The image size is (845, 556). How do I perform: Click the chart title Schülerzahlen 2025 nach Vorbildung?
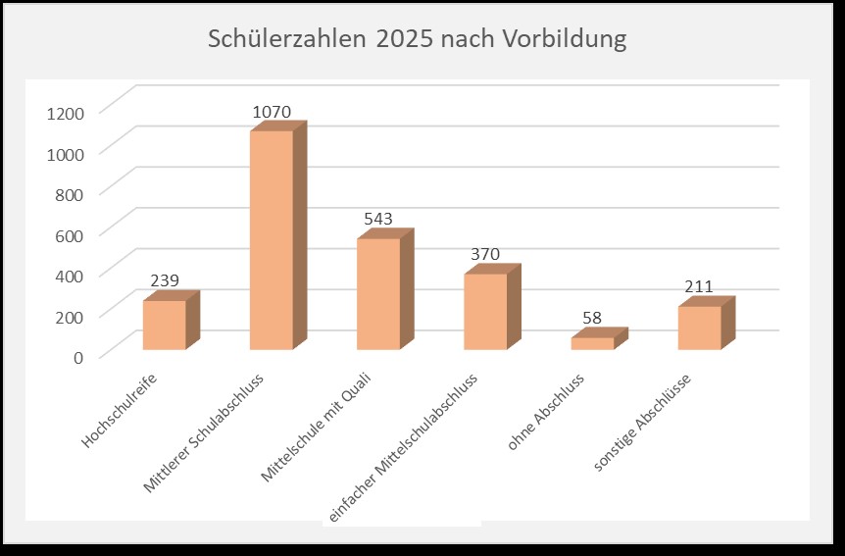point(417,40)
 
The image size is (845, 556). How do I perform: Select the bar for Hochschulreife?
point(164,325)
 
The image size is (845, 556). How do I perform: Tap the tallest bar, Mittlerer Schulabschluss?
point(272,240)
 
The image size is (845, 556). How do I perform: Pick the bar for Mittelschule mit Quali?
point(378,294)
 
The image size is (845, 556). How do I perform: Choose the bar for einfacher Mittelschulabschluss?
point(485,312)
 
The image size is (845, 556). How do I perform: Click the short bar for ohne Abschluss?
point(592,343)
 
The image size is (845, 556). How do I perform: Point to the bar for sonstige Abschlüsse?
point(699,328)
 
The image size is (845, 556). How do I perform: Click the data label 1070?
point(272,112)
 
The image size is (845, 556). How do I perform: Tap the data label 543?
point(378,219)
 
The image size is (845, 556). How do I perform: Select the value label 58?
point(592,318)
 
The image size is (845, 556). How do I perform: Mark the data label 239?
point(165,281)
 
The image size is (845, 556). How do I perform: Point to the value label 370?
point(485,254)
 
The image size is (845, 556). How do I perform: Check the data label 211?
point(699,287)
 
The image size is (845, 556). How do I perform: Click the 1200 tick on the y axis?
point(66,112)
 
